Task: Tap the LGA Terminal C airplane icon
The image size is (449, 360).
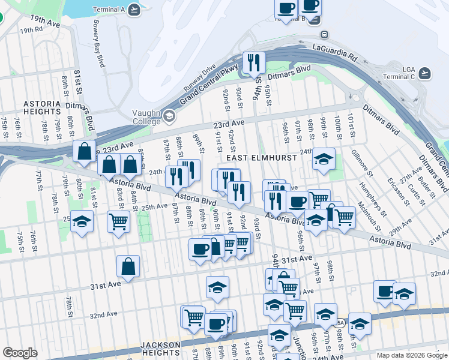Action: coord(426,73)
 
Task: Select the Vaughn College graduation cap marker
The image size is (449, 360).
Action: coord(169,116)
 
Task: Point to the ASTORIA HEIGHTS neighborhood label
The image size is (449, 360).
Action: coord(42,107)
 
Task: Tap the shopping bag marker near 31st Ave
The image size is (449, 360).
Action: coord(128,266)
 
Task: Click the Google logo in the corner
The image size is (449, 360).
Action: coord(20,353)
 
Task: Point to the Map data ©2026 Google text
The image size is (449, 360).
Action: coord(411,355)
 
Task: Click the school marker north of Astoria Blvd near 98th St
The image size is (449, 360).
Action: coord(324,159)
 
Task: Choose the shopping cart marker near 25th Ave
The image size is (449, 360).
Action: coord(119,221)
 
